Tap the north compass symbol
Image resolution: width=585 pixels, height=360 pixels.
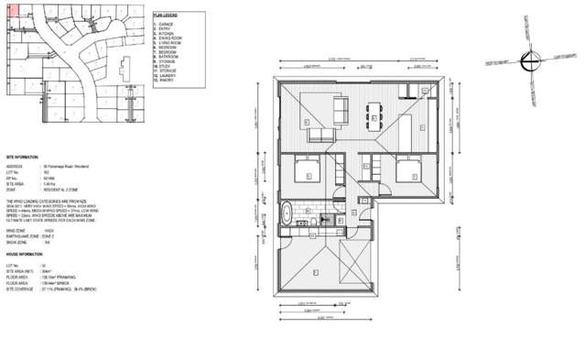(x=525, y=61)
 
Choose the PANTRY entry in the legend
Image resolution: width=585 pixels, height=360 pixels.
(x=168, y=82)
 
